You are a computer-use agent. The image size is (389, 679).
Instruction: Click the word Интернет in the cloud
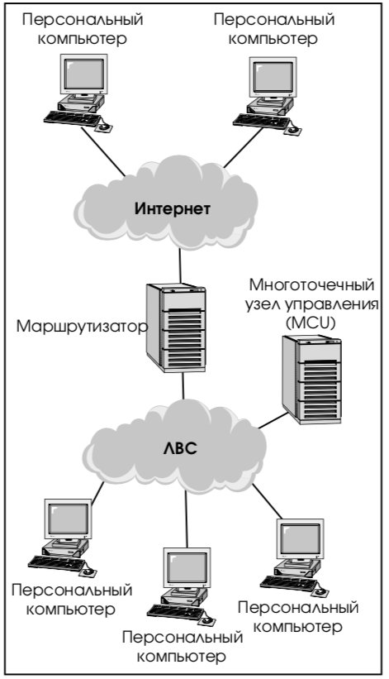172,208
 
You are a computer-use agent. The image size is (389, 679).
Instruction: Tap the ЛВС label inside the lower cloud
180,447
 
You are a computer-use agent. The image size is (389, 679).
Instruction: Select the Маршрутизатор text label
82,327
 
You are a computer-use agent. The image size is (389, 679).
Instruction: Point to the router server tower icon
175,328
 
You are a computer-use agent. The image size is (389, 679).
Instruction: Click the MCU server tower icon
311,380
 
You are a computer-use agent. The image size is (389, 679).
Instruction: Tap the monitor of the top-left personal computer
83,74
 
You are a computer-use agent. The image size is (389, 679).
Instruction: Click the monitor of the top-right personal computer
273,77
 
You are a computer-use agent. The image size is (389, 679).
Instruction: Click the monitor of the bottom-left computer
68,519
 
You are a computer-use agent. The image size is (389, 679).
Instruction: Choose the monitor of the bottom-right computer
301,538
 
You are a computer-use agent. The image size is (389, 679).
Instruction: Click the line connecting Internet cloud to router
180,265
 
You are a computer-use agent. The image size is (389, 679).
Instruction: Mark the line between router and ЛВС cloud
183,385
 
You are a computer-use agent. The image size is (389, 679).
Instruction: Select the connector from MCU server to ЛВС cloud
273,420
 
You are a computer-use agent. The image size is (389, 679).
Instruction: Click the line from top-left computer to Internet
103,151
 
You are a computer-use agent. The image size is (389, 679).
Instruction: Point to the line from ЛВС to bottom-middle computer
187,519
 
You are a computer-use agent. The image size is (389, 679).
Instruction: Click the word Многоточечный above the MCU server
311,286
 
